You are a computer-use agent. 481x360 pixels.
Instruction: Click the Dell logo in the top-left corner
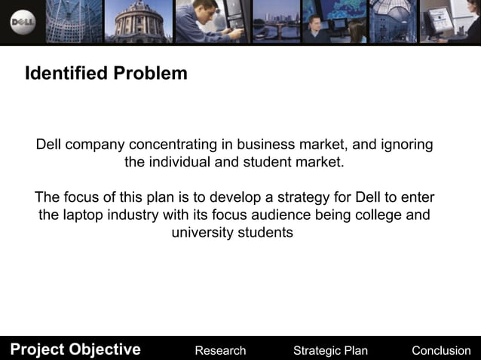[23, 23]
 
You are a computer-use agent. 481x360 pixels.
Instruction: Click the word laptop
[85, 215]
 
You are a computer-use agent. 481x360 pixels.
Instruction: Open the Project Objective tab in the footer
[75, 349]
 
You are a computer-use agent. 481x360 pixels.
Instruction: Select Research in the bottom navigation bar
[220, 350]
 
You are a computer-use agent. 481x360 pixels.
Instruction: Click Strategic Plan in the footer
[330, 350]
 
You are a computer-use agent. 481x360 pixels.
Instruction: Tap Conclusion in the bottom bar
[441, 350]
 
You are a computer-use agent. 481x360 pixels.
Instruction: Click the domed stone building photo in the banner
[139, 21]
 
